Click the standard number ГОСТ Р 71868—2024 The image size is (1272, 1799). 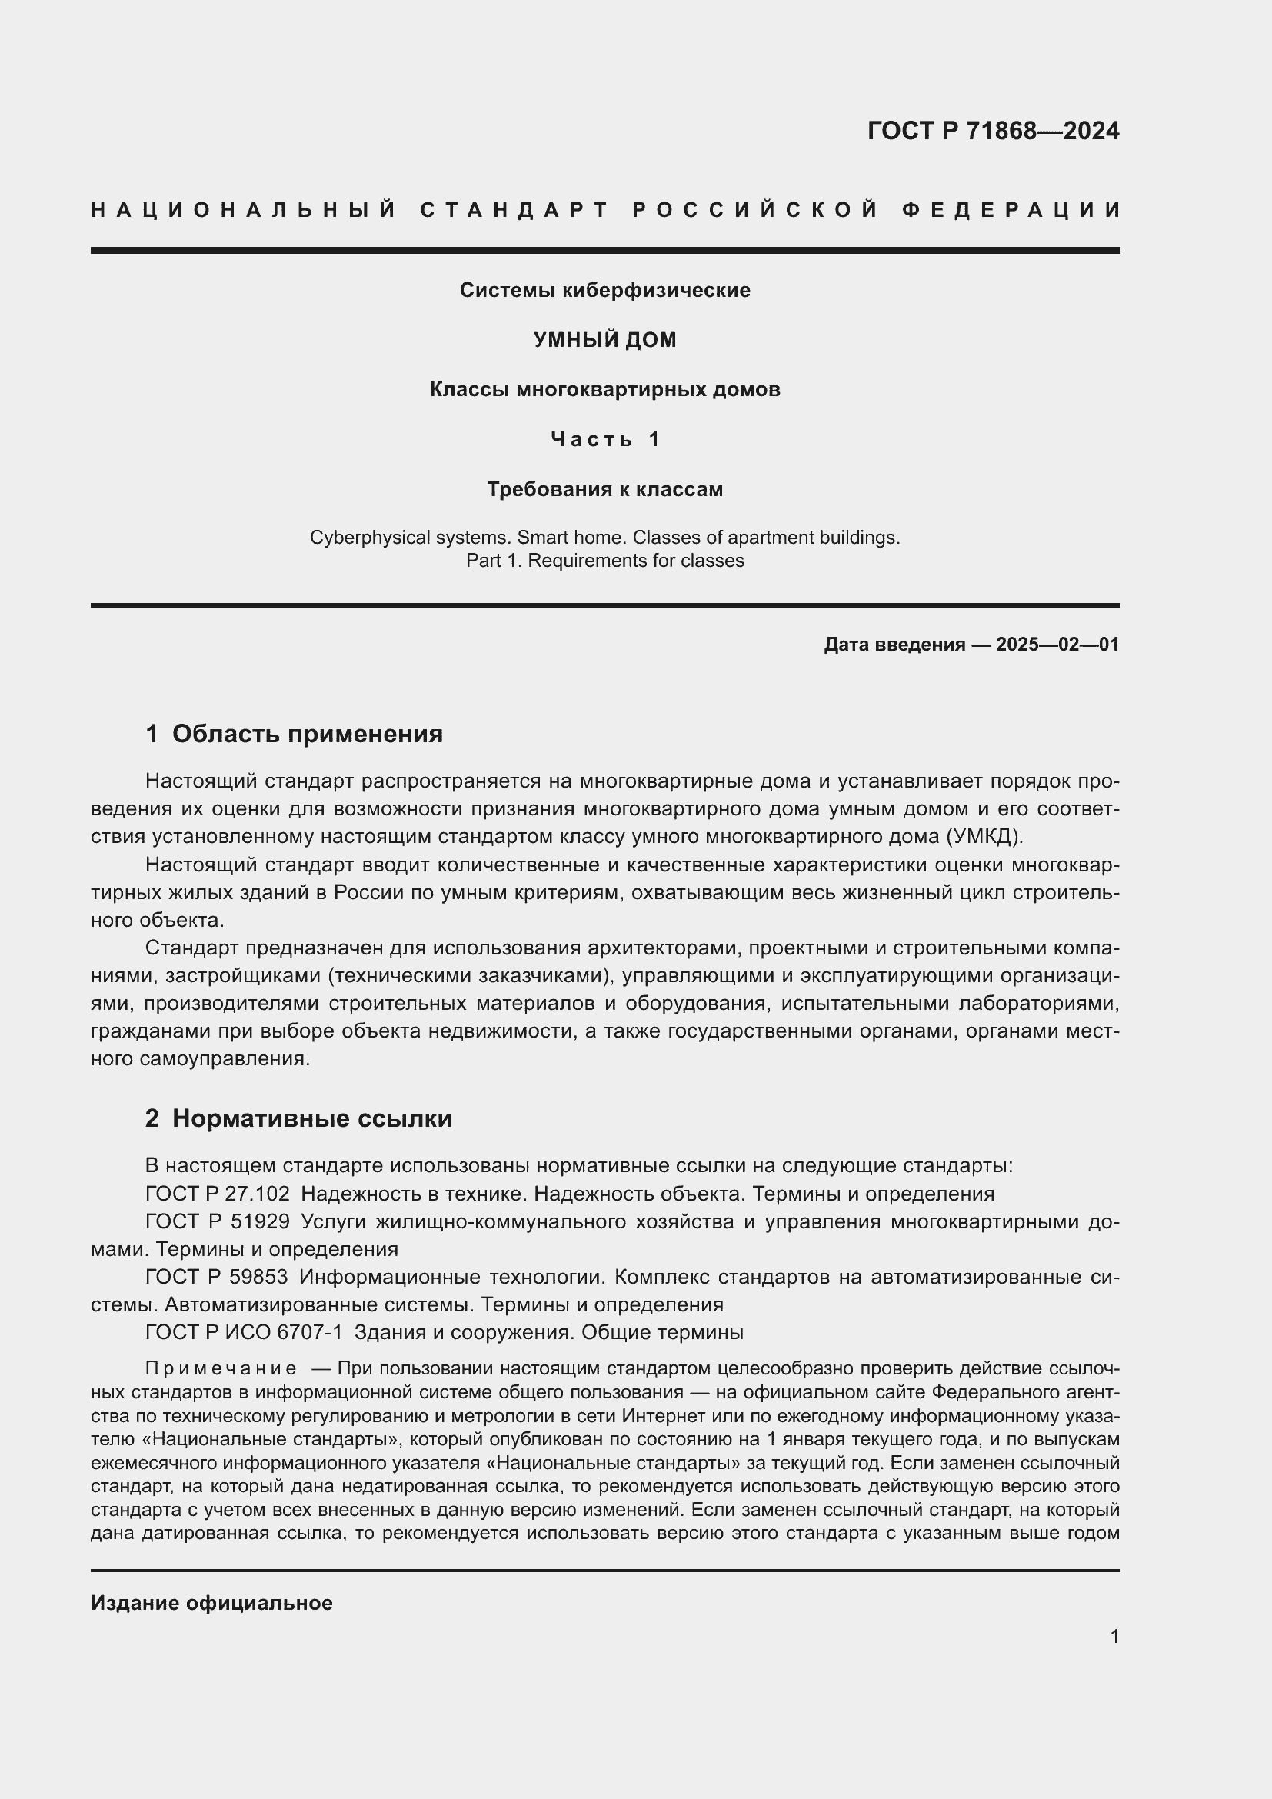point(992,131)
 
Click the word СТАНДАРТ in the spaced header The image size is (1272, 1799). point(514,210)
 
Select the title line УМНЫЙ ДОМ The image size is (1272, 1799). point(604,340)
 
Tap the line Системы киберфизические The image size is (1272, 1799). point(604,291)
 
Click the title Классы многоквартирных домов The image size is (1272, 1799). point(604,389)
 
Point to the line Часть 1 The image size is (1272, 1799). point(604,440)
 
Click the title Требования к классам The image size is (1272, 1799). point(604,490)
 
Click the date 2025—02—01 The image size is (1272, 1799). point(1057,645)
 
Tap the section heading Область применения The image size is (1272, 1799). point(307,735)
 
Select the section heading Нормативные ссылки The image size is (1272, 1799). point(311,1119)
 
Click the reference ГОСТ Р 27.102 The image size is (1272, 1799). point(217,1194)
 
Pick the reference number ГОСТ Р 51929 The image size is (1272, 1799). point(217,1221)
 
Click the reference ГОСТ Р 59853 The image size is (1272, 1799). point(217,1278)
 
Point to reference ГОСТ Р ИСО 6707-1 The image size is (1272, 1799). point(244,1332)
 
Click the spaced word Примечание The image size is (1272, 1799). point(221,1369)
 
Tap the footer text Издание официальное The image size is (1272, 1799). point(211,1603)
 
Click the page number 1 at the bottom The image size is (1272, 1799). point(1114,1636)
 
